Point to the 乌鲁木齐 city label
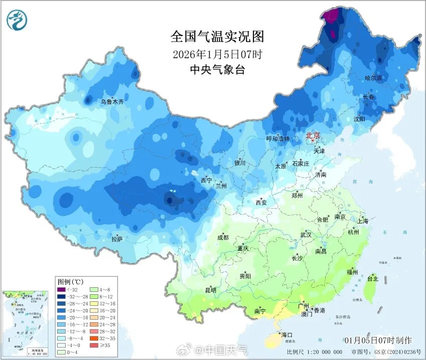111,102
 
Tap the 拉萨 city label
117,240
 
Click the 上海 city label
362,221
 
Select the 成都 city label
222,238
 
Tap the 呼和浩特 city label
277,139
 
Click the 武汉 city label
306,235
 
